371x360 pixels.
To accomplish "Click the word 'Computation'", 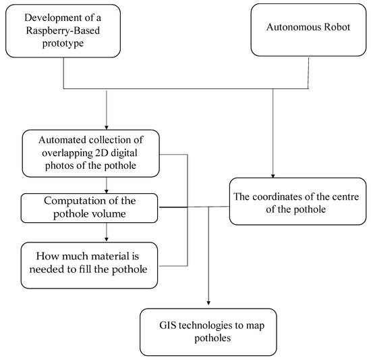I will (x=70, y=201).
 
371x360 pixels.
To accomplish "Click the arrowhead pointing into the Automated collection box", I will (x=107, y=126).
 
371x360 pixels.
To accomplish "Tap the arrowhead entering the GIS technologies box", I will (x=208, y=304).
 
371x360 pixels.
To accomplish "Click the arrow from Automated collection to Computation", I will (x=106, y=186).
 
